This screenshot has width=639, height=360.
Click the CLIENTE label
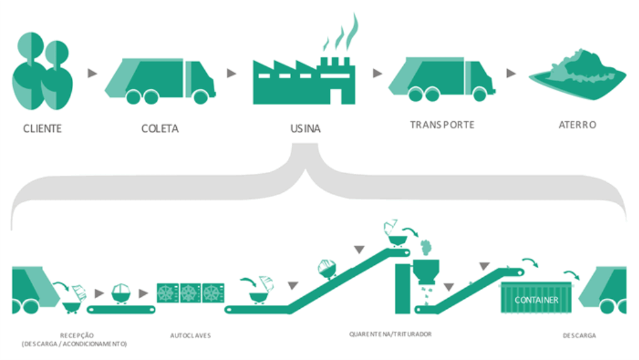pos(42,129)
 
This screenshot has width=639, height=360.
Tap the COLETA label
pos(160,129)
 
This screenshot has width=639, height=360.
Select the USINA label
pos(305,129)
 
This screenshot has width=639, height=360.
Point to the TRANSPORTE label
pos(442,124)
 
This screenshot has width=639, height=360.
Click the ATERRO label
pos(577,125)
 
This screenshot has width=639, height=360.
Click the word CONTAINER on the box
pos(536,301)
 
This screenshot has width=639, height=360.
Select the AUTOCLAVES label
pos(191,336)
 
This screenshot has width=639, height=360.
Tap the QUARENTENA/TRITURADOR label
pos(390,334)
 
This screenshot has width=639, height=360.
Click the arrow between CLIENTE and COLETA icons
pos(92,73)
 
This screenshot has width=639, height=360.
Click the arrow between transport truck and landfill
pos(511,73)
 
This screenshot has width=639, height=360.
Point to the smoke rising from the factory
pos(341,34)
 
